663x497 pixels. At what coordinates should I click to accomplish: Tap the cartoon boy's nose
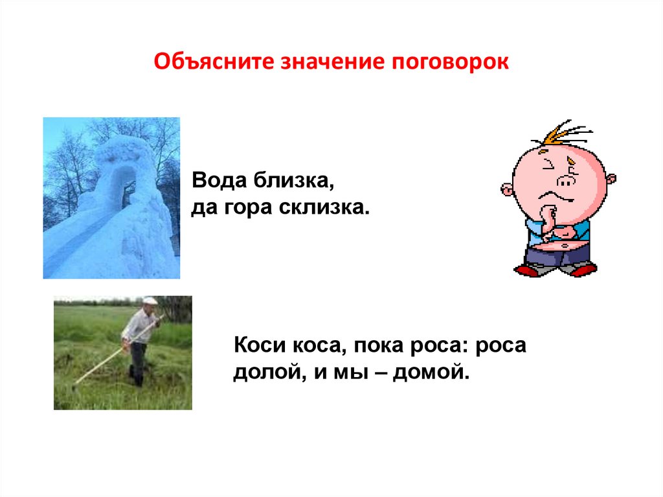click(566, 181)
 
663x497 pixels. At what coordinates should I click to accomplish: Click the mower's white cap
click(150, 301)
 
